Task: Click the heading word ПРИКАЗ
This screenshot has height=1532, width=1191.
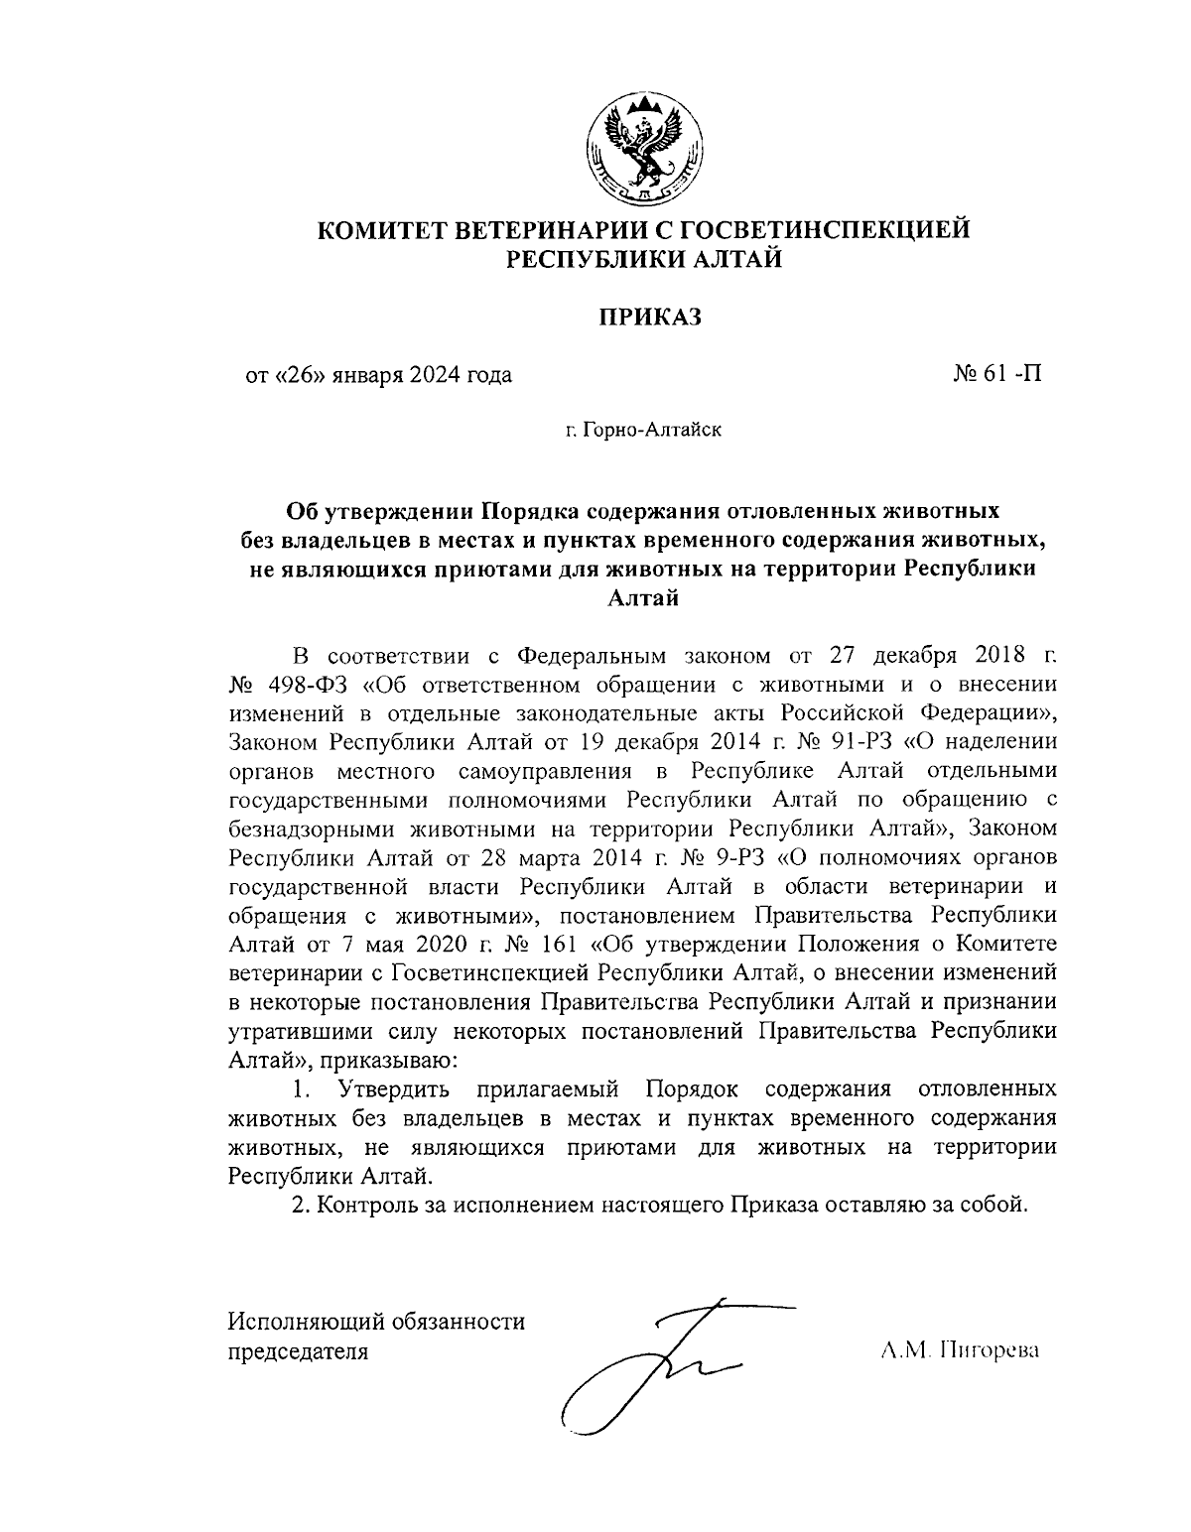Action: (648, 318)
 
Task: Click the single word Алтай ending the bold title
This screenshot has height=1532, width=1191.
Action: (642, 597)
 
